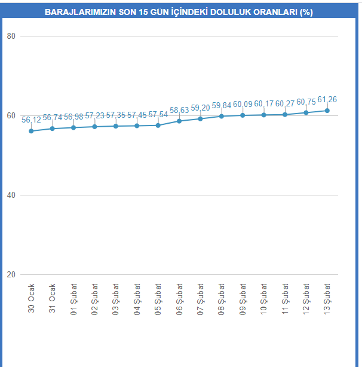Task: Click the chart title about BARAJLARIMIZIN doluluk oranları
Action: pos(179,12)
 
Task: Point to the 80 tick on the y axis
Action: pos(11,36)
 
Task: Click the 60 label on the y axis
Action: pos(11,115)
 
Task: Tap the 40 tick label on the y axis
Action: pos(11,195)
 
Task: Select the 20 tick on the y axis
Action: pos(11,274)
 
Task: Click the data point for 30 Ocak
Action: pos(31,131)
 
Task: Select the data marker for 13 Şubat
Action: pos(327,111)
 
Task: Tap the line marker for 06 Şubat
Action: pos(179,121)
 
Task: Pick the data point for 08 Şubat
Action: pos(222,116)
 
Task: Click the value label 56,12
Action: pos(31,120)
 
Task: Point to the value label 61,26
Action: pos(327,99)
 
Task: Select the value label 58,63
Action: pos(179,110)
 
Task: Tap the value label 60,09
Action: pos(243,104)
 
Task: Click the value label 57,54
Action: pos(158,114)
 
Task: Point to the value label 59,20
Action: pos(201,108)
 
